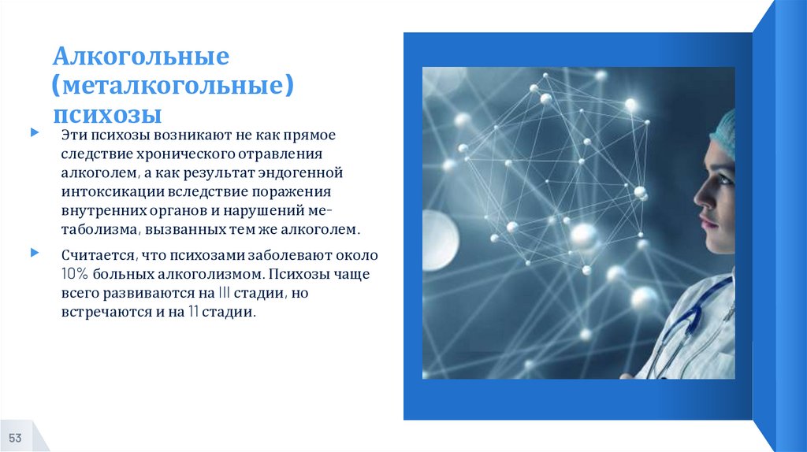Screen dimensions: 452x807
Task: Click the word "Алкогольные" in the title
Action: click(x=141, y=58)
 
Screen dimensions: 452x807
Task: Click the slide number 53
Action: click(x=15, y=438)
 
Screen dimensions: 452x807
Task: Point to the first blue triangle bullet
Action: click(x=33, y=134)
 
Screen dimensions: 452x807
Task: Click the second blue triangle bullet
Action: click(x=33, y=254)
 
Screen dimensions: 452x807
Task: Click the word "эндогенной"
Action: click(x=307, y=172)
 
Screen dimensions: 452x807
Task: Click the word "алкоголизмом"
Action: click(x=212, y=276)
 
